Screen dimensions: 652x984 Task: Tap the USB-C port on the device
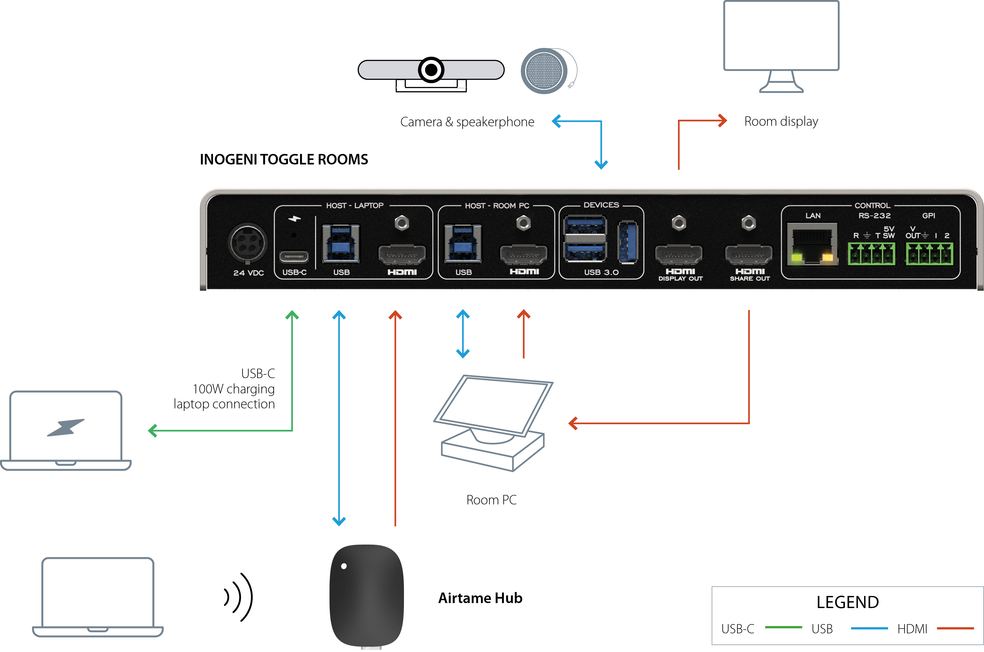point(294,257)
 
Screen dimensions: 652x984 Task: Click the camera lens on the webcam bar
point(431,69)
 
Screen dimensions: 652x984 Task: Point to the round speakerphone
point(544,71)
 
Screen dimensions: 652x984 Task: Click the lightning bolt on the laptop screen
point(66,428)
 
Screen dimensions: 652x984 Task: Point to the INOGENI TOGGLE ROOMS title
point(284,159)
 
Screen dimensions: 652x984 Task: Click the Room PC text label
point(491,500)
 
